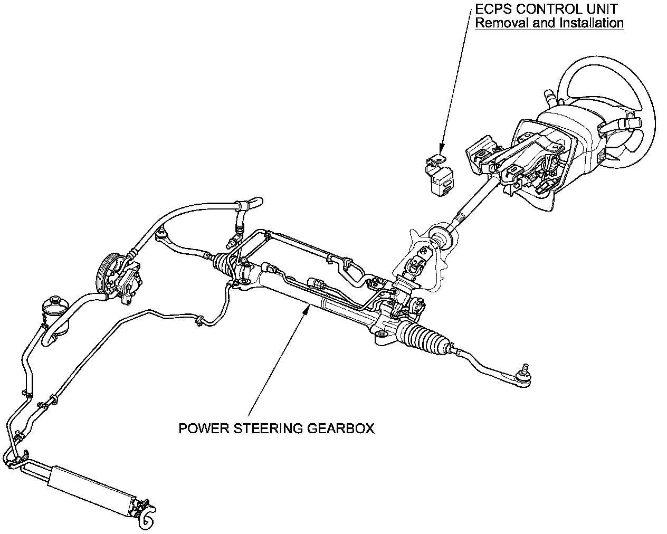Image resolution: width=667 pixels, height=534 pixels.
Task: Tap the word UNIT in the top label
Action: pyautogui.click(x=602, y=9)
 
